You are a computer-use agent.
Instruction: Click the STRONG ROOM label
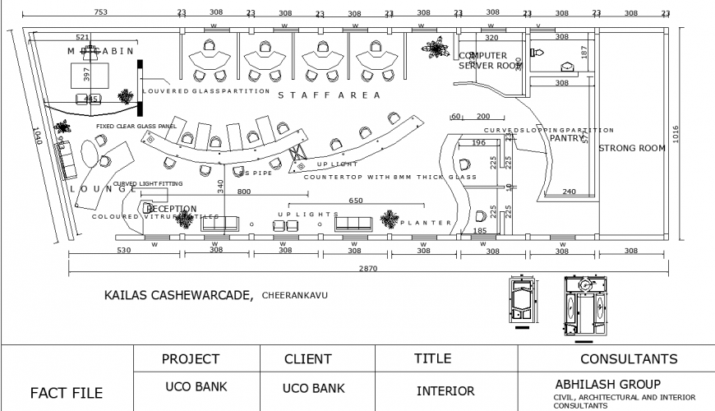630,149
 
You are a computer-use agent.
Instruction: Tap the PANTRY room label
565,138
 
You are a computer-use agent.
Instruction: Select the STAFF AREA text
330,96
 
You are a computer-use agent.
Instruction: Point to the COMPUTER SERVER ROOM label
489,61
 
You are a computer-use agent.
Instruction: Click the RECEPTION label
171,209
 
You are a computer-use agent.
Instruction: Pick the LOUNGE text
103,189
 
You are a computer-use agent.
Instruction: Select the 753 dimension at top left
99,12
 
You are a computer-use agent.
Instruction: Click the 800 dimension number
244,192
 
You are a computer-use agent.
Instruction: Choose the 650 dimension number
356,201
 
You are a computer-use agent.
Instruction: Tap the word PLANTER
427,223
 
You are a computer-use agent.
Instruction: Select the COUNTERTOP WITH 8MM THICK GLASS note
390,177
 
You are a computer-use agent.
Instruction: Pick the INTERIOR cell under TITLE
446,391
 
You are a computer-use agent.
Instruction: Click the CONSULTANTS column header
629,359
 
